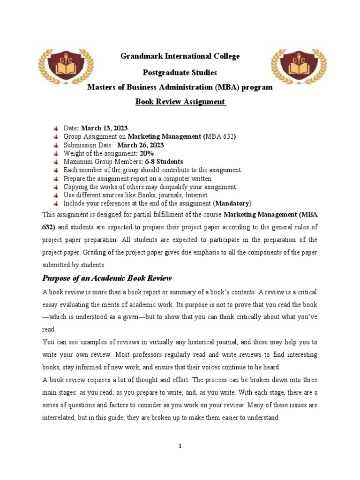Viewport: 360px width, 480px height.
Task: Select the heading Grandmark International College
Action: (180, 56)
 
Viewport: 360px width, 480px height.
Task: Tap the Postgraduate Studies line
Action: (180, 73)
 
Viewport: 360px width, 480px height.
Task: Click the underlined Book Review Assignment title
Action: (180, 102)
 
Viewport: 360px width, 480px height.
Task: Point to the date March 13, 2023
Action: (105, 128)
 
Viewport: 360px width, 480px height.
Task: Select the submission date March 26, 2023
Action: (141, 145)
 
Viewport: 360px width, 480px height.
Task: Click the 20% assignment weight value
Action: (146, 153)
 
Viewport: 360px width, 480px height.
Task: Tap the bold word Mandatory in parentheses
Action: (232, 203)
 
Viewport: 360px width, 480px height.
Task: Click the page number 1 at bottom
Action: (180, 446)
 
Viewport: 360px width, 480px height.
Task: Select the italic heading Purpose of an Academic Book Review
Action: (107, 278)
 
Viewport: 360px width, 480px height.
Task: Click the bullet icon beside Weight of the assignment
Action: (56, 154)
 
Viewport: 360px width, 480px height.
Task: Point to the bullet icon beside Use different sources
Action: (56, 195)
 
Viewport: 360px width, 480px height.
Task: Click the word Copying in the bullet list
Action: (75, 187)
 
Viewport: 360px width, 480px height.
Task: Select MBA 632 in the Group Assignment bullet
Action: (220, 136)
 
